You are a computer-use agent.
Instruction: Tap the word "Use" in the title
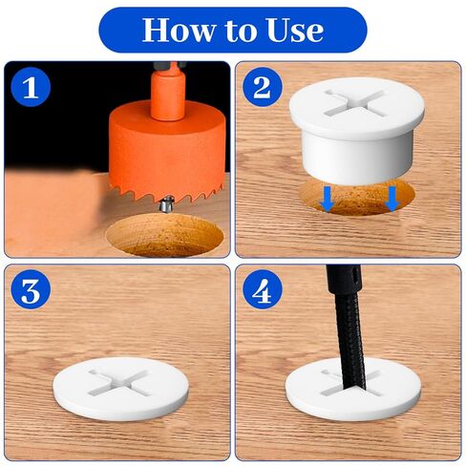point(295,30)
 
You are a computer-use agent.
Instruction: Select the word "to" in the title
point(241,31)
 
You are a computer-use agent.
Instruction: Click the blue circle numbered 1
point(31,87)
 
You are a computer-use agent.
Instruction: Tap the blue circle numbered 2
point(263,87)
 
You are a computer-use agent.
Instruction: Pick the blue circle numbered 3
point(31,289)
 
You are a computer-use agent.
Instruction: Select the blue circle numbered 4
point(263,289)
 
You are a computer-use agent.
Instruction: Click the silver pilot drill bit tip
point(165,204)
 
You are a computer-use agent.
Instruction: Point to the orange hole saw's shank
point(168,92)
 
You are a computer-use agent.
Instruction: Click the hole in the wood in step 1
point(165,235)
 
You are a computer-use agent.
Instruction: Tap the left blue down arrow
point(327,200)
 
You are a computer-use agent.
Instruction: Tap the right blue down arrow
point(392,200)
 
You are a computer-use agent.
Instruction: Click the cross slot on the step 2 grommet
point(354,102)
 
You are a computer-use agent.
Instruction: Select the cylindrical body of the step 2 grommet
point(357,156)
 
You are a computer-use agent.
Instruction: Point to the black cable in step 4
point(347,328)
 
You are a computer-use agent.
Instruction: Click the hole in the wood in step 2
point(357,198)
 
